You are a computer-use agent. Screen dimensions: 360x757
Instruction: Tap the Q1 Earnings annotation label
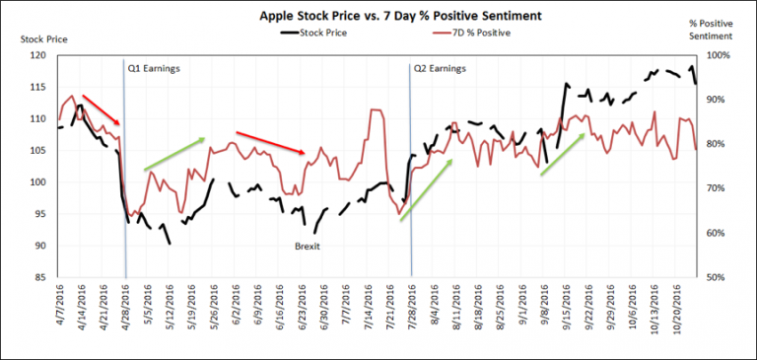click(x=154, y=68)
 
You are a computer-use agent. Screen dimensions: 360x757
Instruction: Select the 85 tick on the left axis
click(x=42, y=278)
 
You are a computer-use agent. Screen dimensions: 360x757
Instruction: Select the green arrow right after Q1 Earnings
click(x=174, y=154)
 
